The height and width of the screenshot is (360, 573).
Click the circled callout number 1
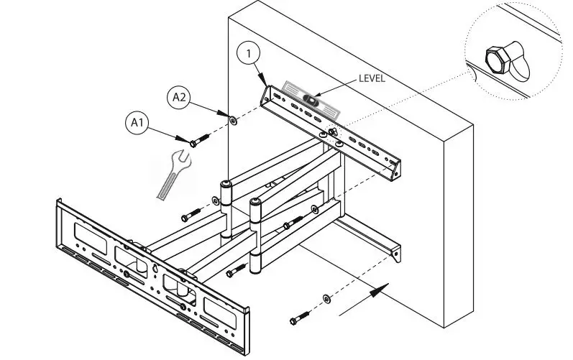[247, 52]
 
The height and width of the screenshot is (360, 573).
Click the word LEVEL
[372, 79]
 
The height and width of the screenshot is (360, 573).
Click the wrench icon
[173, 172]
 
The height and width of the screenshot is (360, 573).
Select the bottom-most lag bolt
[301, 317]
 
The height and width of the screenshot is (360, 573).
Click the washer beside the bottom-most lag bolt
[327, 297]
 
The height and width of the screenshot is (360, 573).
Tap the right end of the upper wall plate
[395, 170]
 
